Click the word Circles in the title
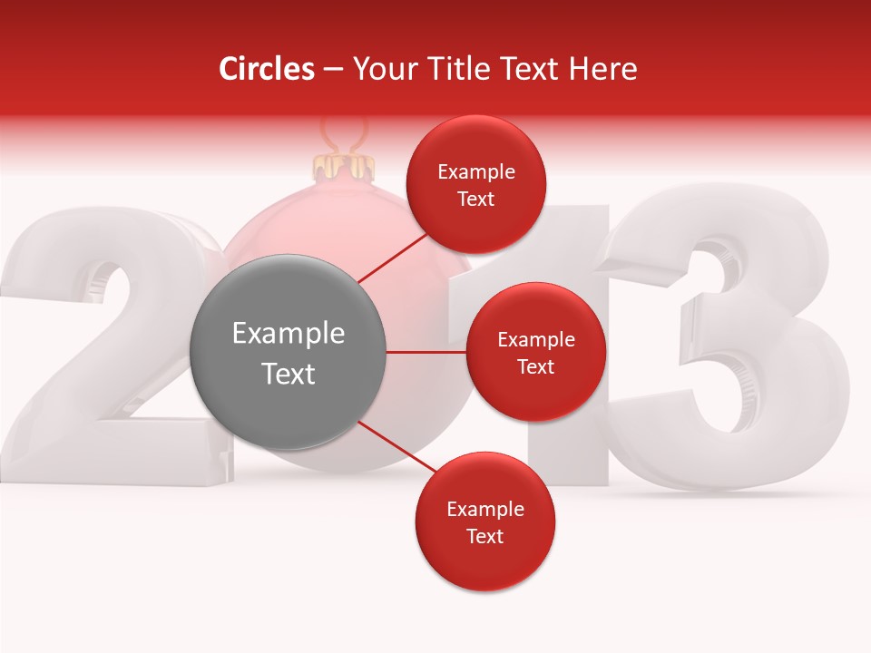[x=266, y=69]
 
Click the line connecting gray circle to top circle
[x=395, y=258]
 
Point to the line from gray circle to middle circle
[x=426, y=352]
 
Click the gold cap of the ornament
[x=344, y=167]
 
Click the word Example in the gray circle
[x=288, y=333]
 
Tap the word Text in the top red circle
[x=476, y=199]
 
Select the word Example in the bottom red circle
[x=485, y=509]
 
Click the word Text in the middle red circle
[x=536, y=366]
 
